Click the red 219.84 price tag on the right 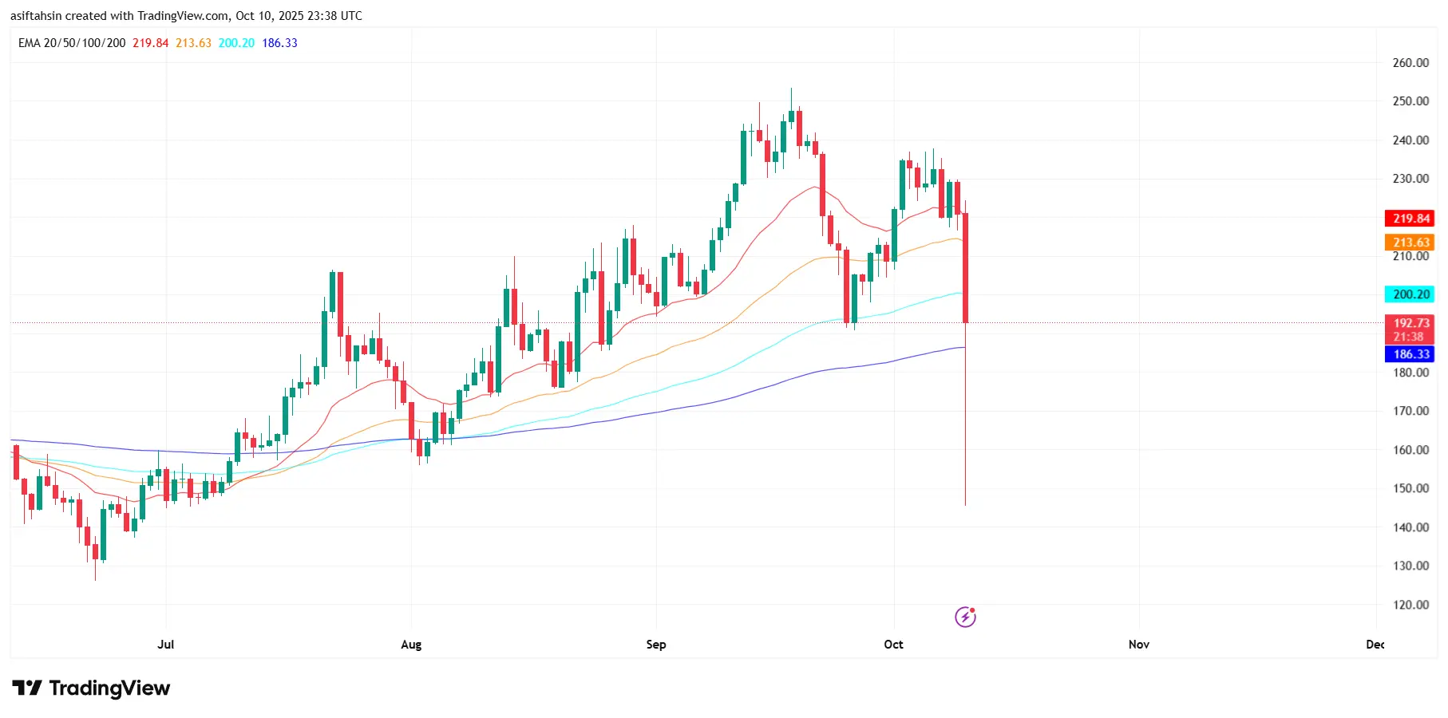[x=1410, y=219]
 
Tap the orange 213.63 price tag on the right [x=1410, y=243]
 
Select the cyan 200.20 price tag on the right [x=1410, y=294]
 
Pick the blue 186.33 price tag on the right [x=1410, y=354]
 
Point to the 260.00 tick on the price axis [x=1410, y=63]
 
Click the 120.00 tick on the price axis [x=1410, y=605]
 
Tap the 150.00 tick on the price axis [x=1410, y=488]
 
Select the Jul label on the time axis [x=166, y=645]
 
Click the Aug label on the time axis [x=411, y=645]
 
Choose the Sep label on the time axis [x=656, y=645]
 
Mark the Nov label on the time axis [x=1139, y=645]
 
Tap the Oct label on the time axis [x=894, y=645]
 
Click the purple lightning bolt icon [x=965, y=617]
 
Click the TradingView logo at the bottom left [x=91, y=688]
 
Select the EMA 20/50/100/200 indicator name [x=72, y=43]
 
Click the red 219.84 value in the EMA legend [x=151, y=43]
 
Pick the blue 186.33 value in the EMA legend [x=279, y=43]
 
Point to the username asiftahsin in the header [x=36, y=16]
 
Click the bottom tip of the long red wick [x=965, y=504]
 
